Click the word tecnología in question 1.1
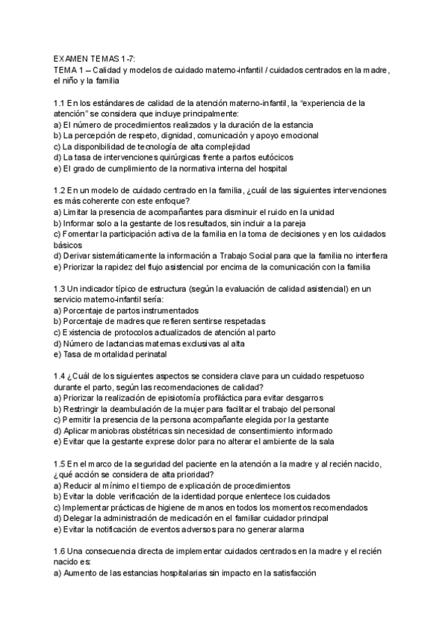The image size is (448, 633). (x=151, y=146)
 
